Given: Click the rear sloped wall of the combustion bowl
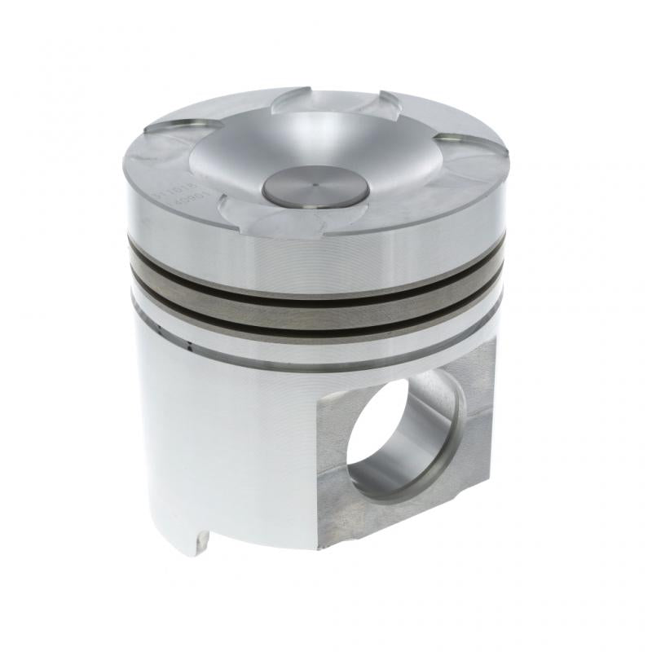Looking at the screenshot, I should click(326, 122).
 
